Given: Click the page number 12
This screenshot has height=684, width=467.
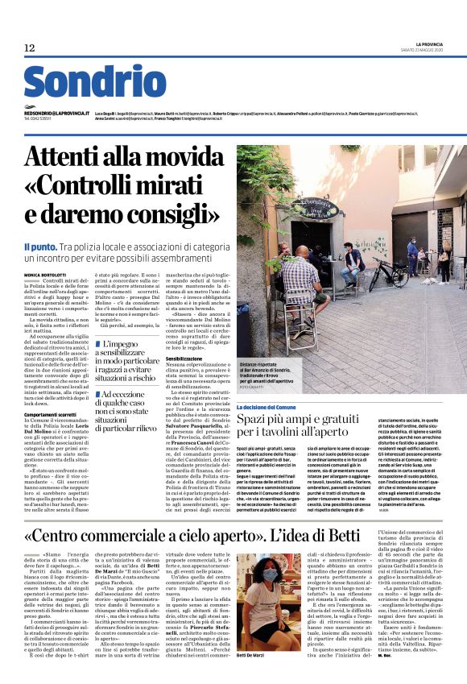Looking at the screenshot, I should click(30, 48).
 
